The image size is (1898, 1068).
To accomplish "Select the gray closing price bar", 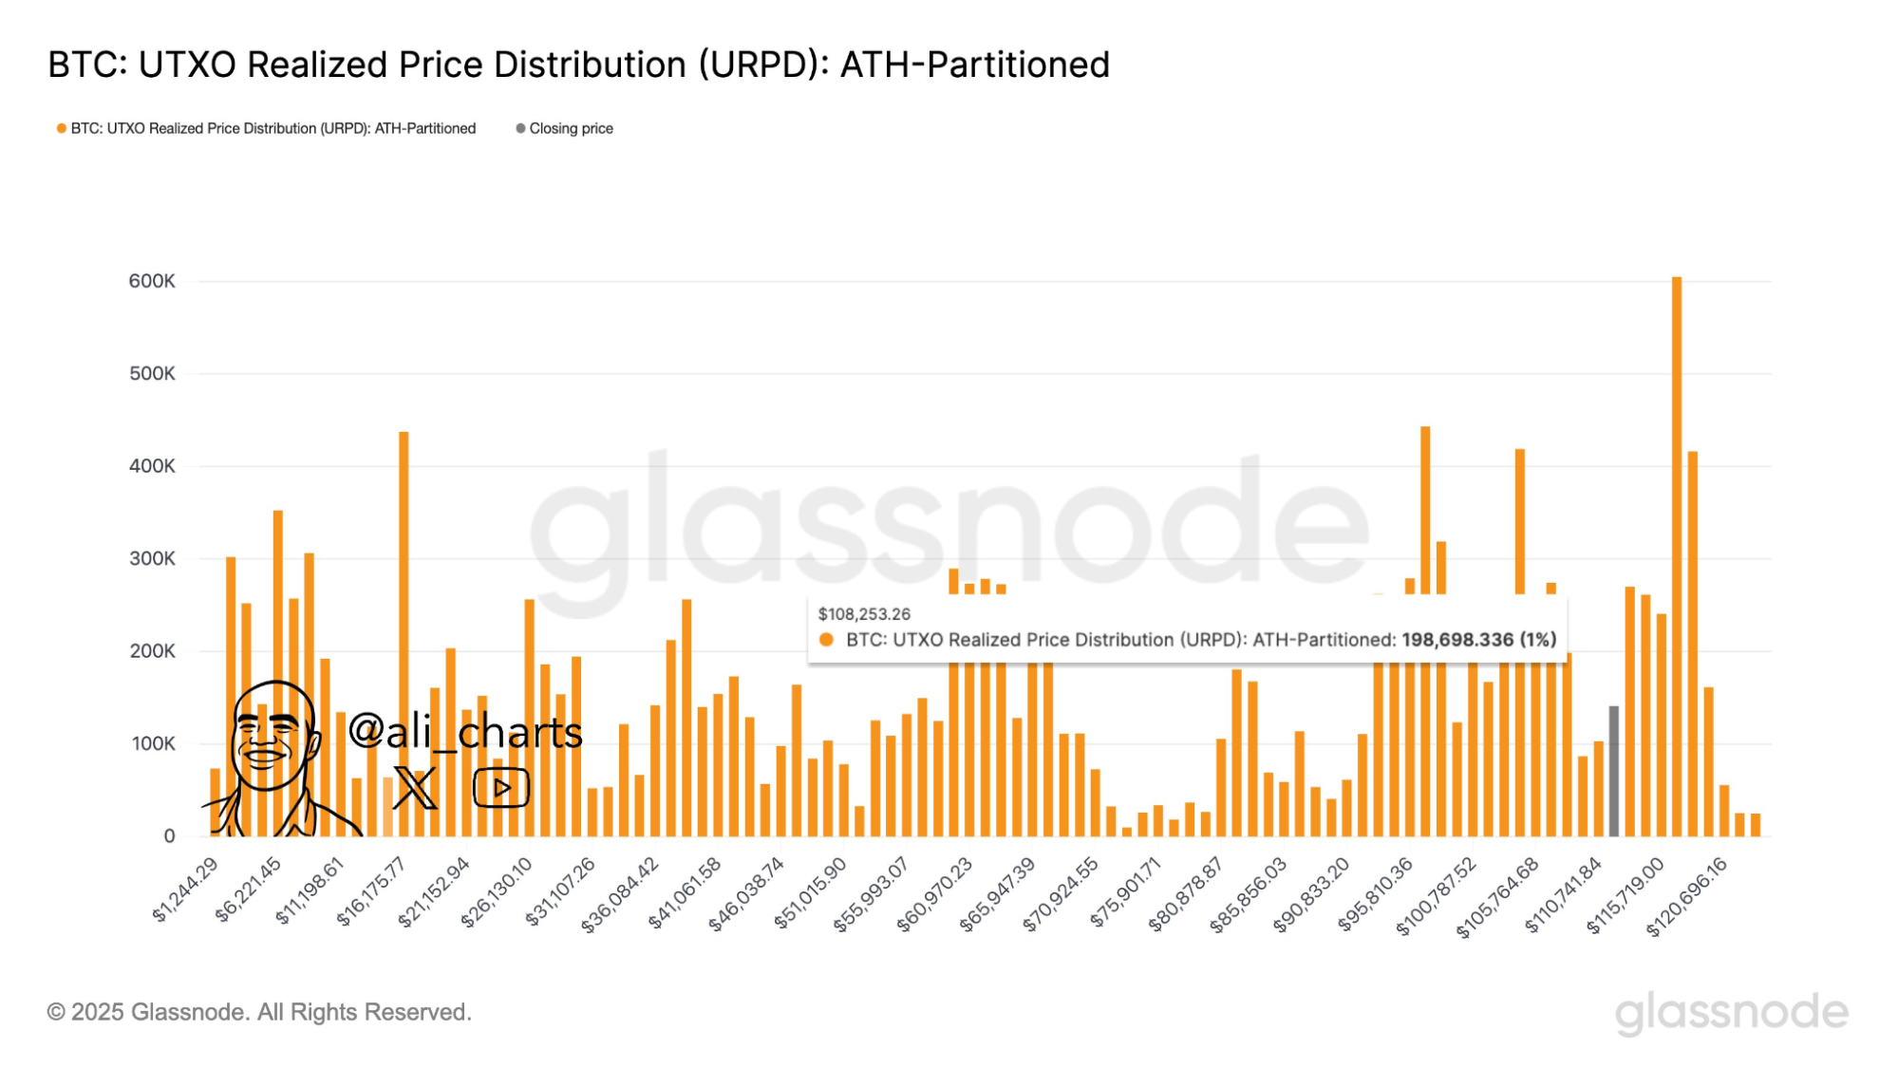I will (1613, 770).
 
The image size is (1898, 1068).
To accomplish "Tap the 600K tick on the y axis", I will (152, 281).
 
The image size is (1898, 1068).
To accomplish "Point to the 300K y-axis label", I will (152, 558).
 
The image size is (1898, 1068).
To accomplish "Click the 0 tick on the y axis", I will (169, 835).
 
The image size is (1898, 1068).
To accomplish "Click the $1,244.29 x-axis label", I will (186, 889).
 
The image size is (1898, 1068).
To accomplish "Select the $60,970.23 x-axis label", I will (935, 893).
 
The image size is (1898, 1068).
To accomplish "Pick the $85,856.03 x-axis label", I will (1249, 893).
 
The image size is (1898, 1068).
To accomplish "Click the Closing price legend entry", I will (571, 128).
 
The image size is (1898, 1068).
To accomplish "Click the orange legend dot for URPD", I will (62, 128).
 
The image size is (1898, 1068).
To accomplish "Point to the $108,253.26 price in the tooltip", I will (864, 614).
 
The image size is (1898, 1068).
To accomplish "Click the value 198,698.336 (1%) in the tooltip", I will (1478, 640).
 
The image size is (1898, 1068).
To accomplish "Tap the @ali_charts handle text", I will (465, 731).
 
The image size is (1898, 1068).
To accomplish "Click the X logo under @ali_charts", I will (415, 787).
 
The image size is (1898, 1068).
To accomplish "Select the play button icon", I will (501, 787).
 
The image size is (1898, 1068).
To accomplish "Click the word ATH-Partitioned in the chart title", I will (975, 65).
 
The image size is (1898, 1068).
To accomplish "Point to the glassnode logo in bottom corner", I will (1731, 1012).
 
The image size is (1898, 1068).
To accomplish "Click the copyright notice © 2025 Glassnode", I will (259, 1012).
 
